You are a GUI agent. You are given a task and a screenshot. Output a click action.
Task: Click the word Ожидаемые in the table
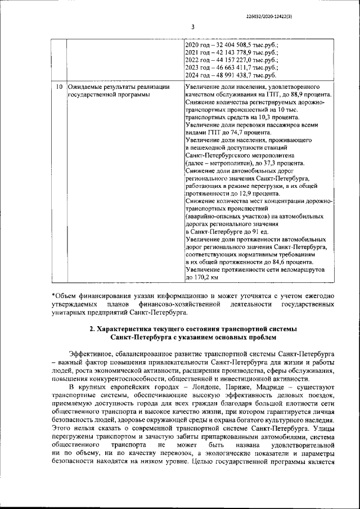point(87,88)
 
